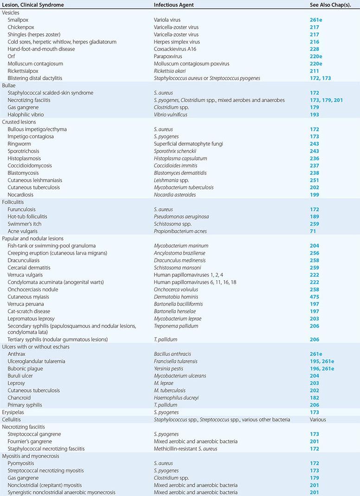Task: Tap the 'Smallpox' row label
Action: [19, 20]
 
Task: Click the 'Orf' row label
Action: [12, 56]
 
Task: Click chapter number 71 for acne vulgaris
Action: [313, 231]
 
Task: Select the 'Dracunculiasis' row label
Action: [25, 260]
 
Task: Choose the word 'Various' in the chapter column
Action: [318, 419]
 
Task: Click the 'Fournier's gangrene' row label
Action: [30, 441]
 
